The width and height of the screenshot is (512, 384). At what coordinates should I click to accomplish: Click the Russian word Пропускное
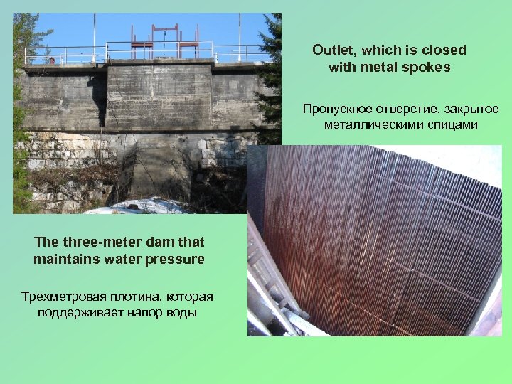click(x=334, y=109)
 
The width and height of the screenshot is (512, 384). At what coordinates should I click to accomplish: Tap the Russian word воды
click(x=181, y=312)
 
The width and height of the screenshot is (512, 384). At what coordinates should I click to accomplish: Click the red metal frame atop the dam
click(x=165, y=41)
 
